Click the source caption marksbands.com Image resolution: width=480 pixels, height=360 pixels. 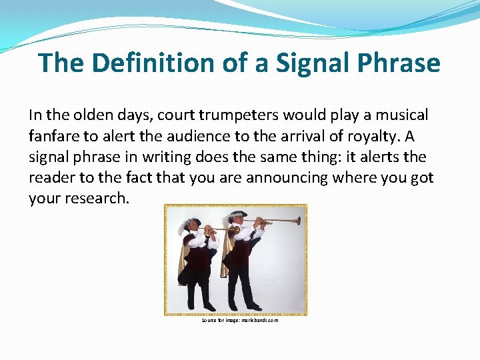click(x=240, y=321)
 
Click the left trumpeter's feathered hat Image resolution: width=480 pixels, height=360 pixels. click(x=192, y=222)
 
